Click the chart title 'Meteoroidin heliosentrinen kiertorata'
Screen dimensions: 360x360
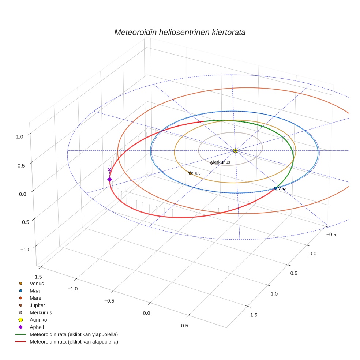(x=180, y=32)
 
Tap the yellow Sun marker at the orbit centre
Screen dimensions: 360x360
(x=235, y=150)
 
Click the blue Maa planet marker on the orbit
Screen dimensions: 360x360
(x=275, y=188)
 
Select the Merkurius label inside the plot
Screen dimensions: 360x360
(x=221, y=162)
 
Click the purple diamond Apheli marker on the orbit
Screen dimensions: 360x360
(x=109, y=179)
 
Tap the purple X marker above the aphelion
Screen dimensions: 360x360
(x=109, y=169)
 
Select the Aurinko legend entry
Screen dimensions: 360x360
(x=38, y=320)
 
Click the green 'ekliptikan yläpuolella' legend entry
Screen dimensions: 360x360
(x=74, y=334)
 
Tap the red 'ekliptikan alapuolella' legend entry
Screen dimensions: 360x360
(x=74, y=342)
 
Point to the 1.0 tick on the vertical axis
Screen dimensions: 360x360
(x=19, y=136)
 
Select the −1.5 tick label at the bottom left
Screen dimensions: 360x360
(x=37, y=277)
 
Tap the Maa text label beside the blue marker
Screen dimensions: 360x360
(x=282, y=189)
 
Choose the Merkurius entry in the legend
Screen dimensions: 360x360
(x=41, y=312)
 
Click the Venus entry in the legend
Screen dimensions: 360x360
(x=37, y=283)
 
